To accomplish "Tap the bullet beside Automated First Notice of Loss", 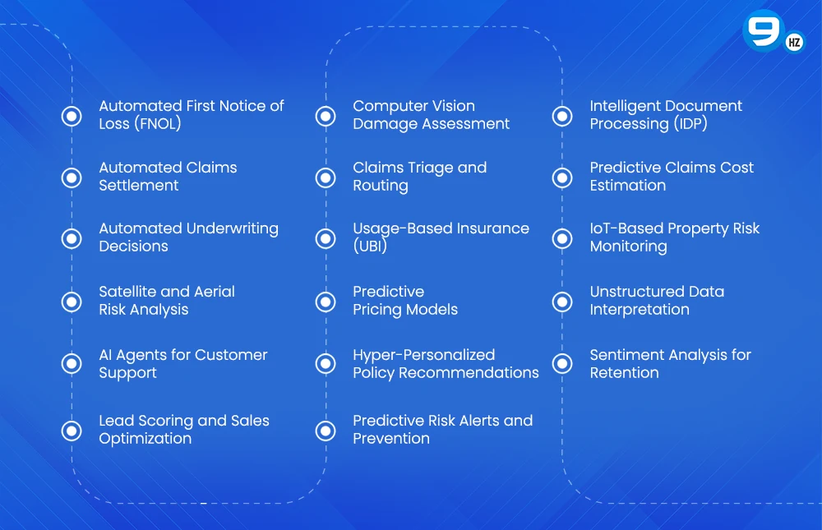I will point(72,116).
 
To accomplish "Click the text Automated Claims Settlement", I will point(168,177).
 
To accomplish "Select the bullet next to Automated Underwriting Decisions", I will point(72,238).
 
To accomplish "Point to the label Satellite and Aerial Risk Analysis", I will point(167,301).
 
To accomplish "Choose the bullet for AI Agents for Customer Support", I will point(72,363).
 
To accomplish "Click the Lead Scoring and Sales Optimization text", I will point(184,430).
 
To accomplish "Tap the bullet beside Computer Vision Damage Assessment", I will point(326,116).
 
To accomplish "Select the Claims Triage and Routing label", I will point(419,177).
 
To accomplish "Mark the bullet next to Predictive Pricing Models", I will point(326,301).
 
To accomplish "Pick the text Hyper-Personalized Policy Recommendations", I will point(446,364).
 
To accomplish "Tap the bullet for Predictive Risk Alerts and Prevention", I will point(326,430).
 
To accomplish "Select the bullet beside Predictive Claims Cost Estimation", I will point(562,177).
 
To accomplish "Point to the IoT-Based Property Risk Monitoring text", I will point(674,237).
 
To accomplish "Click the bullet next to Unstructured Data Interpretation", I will point(562,301).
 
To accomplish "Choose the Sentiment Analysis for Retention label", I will point(670,364).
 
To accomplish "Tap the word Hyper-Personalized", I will point(423,355).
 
